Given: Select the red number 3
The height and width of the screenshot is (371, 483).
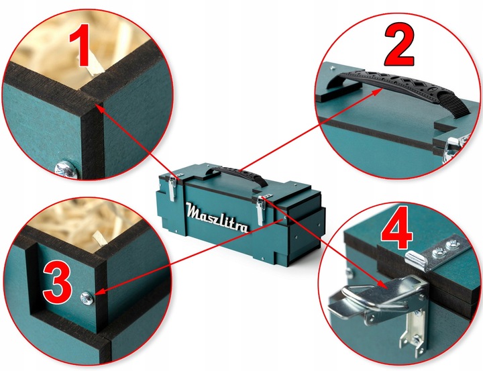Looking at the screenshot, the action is [x=58, y=283].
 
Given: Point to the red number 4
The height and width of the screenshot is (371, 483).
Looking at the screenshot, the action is [x=396, y=228].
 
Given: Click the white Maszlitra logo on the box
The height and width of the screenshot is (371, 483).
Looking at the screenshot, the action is [x=217, y=217].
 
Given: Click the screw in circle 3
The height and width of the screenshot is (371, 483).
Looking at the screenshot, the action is [x=87, y=299].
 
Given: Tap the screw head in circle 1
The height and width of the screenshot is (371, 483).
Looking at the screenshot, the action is [x=66, y=169].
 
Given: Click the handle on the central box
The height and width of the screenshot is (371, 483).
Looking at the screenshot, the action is [x=235, y=174].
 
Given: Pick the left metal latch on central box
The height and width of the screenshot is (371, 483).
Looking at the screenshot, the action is [x=172, y=188].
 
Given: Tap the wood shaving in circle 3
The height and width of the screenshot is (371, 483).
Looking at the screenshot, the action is [x=100, y=238].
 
